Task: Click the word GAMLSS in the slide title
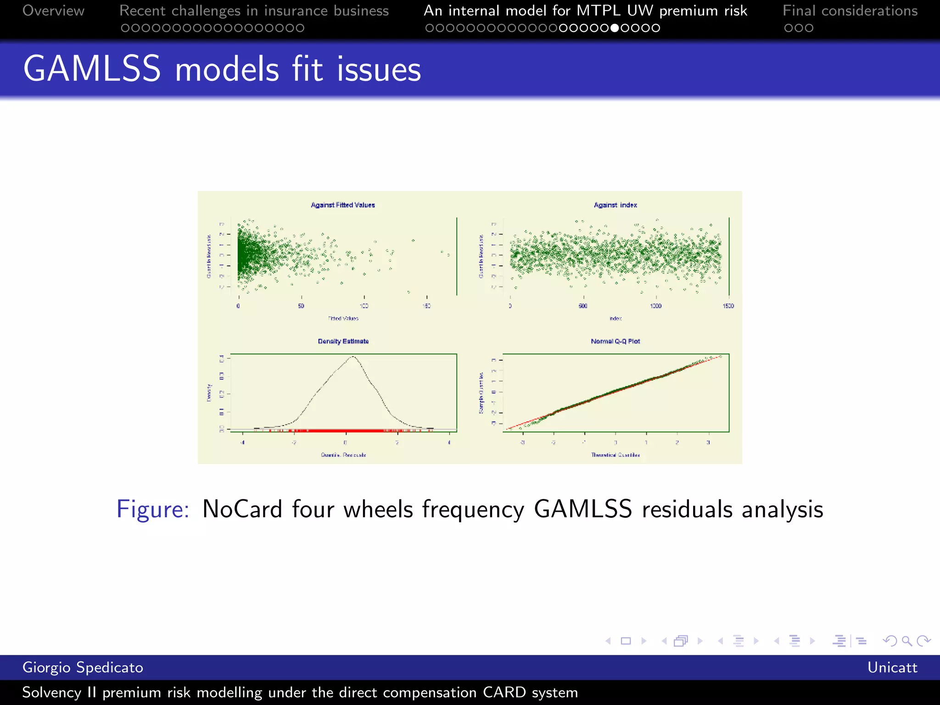(x=92, y=69)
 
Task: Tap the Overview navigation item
(x=53, y=11)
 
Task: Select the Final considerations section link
(x=850, y=11)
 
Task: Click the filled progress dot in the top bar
(x=615, y=28)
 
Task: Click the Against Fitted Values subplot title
(x=342, y=205)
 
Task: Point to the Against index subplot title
(x=615, y=205)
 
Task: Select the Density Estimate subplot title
(x=343, y=341)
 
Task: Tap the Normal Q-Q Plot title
(x=615, y=341)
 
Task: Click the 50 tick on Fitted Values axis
(x=301, y=306)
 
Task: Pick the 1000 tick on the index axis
(x=655, y=306)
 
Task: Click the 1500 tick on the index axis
(x=728, y=306)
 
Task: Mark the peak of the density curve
(x=352, y=357)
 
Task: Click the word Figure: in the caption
(x=152, y=509)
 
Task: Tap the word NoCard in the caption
(x=242, y=509)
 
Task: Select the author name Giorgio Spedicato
(x=83, y=667)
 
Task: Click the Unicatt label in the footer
(x=892, y=667)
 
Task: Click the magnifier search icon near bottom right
(x=906, y=641)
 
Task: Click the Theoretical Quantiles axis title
(x=615, y=455)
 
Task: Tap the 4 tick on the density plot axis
(x=449, y=442)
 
